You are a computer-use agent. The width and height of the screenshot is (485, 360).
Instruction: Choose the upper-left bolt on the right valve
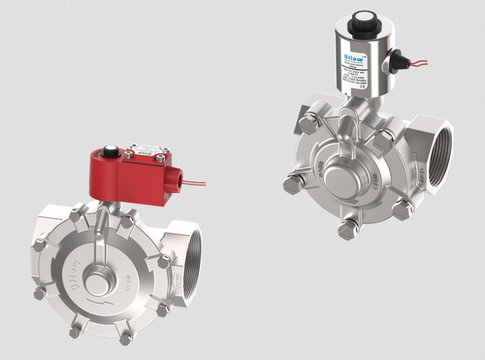[x=307, y=123]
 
